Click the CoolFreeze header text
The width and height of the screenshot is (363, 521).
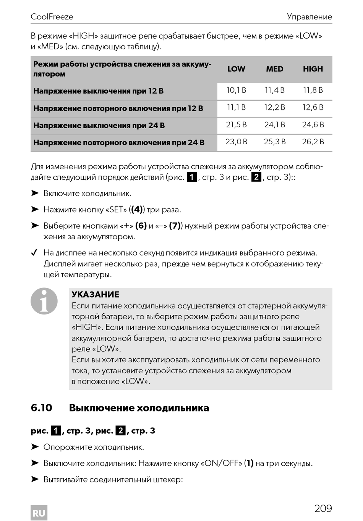[52, 17]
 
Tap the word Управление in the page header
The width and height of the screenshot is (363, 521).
[309, 17]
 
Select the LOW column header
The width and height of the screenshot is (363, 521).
[236, 69]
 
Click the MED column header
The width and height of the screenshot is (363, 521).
[275, 69]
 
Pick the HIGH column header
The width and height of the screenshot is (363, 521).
[313, 69]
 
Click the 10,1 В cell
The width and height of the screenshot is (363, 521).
[236, 90]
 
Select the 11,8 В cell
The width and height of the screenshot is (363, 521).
[313, 90]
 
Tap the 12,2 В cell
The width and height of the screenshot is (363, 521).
[275, 107]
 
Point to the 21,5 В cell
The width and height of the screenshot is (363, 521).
[236, 125]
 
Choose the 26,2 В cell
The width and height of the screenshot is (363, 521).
[313, 142]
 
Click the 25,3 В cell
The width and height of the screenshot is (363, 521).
[275, 142]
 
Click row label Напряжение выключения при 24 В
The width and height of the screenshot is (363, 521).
[99, 126]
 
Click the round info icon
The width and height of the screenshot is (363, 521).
[44, 301]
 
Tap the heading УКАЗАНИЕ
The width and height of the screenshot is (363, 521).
[96, 295]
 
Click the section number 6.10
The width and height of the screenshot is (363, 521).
[41, 408]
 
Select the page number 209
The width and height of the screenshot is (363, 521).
[323, 508]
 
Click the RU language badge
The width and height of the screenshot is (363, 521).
[39, 513]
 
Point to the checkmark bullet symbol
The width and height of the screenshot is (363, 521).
[34, 253]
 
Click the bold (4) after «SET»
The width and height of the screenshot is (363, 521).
[137, 210]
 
